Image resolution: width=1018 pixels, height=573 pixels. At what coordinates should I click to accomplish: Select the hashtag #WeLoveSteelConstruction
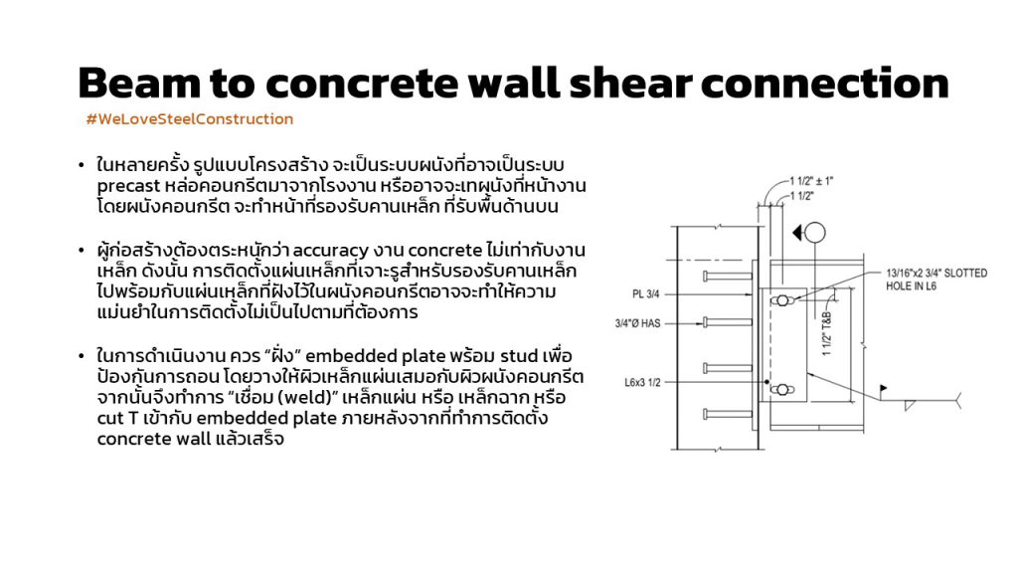190,119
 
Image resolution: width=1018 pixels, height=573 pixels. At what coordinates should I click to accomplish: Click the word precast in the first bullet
128,186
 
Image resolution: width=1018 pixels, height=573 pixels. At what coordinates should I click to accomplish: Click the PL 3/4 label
645,294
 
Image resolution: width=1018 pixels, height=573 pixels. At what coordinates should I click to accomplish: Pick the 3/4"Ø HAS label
637,323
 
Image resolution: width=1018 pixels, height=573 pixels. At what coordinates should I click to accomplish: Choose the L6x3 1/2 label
643,383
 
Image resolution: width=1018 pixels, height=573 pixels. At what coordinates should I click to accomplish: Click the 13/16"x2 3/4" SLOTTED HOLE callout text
936,280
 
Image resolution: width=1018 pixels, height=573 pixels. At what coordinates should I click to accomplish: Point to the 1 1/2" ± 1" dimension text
811,181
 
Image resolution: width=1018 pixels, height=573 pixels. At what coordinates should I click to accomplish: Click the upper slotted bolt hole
782,300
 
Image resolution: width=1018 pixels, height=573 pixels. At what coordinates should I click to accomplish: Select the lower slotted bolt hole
782,390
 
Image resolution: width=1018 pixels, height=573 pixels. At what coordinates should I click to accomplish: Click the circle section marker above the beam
815,232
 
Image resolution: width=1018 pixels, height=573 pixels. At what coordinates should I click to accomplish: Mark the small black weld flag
884,388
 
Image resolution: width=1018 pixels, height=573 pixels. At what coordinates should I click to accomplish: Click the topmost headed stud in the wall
728,277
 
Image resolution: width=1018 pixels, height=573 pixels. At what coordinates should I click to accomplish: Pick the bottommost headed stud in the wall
728,414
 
